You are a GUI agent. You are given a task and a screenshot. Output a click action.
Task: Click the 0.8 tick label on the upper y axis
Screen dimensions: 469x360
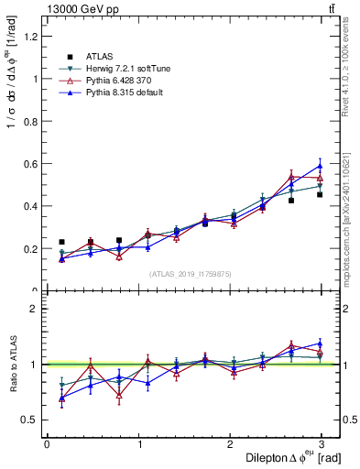pyautogui.click(x=31, y=121)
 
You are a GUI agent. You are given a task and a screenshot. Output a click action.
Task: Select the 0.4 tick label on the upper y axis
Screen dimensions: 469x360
pyautogui.click(x=31, y=206)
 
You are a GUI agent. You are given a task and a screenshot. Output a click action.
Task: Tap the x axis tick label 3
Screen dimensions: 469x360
pyautogui.click(x=327, y=444)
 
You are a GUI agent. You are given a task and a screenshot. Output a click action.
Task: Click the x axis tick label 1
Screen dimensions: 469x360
pyautogui.click(x=139, y=444)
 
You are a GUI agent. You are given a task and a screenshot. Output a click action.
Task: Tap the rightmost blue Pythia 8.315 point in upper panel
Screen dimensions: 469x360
pyautogui.click(x=320, y=166)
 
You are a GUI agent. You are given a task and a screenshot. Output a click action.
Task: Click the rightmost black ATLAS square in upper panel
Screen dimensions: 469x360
pyautogui.click(x=320, y=194)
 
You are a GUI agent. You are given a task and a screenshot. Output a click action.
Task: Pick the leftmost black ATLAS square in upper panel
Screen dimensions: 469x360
pyautogui.click(x=61, y=242)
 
